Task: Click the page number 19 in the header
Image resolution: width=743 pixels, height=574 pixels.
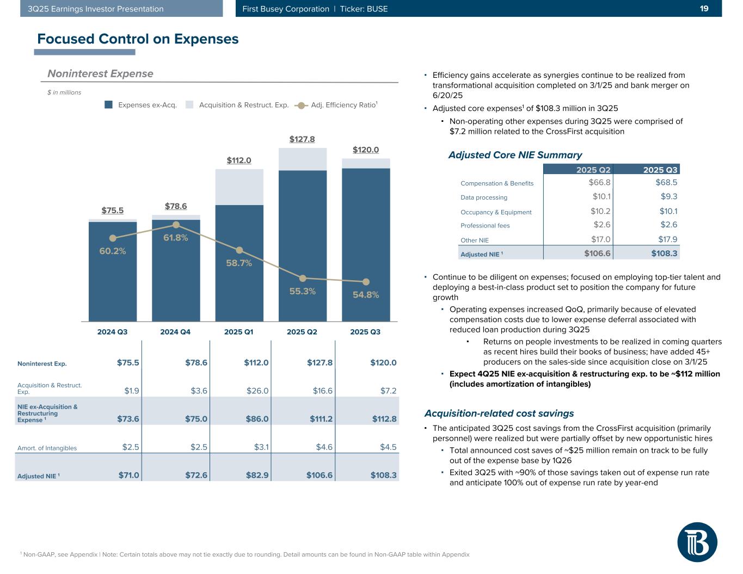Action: click(x=704, y=9)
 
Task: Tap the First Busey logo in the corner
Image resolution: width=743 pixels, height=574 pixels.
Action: click(x=697, y=542)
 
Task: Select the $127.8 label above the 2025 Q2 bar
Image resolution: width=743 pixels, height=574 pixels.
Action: click(x=302, y=139)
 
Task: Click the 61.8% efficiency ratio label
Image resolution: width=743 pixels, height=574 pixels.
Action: click(x=175, y=237)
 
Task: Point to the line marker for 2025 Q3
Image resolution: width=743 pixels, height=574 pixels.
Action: click(x=366, y=282)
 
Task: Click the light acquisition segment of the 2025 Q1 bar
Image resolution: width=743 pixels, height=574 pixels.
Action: click(x=239, y=187)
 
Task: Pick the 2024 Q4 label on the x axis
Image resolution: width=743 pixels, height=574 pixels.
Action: click(x=175, y=331)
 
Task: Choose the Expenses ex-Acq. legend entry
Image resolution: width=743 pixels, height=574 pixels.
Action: click(x=141, y=105)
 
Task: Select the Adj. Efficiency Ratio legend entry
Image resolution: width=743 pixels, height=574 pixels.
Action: click(x=335, y=105)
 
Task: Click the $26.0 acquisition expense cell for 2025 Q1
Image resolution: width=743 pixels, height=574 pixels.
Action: click(x=257, y=391)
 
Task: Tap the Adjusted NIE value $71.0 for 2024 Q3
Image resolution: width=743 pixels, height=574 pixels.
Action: click(x=129, y=475)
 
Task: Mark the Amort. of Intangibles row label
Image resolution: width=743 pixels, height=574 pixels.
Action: click(x=47, y=448)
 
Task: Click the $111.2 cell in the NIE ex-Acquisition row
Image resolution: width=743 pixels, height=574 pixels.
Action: click(x=321, y=418)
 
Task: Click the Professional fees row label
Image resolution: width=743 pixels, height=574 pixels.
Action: click(x=485, y=226)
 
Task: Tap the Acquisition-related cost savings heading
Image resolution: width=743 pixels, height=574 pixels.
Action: click(x=499, y=413)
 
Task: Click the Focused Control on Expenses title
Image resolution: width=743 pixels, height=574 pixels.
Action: click(x=138, y=39)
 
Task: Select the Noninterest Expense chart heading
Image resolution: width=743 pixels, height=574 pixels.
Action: click(x=100, y=73)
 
